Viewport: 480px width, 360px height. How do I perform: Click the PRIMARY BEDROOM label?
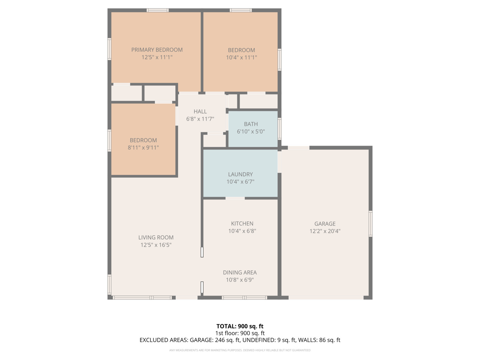[157, 50]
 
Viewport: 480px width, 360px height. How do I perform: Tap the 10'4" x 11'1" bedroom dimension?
[241, 57]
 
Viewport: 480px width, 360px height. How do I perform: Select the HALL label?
[200, 111]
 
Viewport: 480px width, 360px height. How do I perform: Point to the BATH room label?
[251, 124]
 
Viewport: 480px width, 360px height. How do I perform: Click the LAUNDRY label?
[240, 174]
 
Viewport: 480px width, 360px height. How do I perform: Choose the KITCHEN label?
[242, 223]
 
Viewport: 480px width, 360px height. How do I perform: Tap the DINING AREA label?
[240, 272]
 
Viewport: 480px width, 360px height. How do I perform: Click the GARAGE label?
[325, 224]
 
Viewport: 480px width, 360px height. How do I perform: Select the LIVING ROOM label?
[156, 237]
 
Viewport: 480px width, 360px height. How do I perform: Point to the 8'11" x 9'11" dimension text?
[143, 148]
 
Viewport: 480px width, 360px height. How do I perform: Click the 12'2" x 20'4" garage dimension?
[325, 231]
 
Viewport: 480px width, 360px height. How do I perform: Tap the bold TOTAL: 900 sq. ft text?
[240, 326]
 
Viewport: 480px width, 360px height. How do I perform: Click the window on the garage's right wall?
[370, 224]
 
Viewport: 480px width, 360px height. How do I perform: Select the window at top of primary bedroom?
[157, 10]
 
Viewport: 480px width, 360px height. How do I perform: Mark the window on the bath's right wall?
[279, 129]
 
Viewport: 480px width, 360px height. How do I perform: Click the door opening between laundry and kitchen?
[235, 198]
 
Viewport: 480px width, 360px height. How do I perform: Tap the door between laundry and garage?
[279, 162]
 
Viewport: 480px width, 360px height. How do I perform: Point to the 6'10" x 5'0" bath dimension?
[251, 131]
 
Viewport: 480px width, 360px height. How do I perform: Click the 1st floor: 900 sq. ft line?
[240, 333]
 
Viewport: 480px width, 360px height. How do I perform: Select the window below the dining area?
[244, 297]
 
